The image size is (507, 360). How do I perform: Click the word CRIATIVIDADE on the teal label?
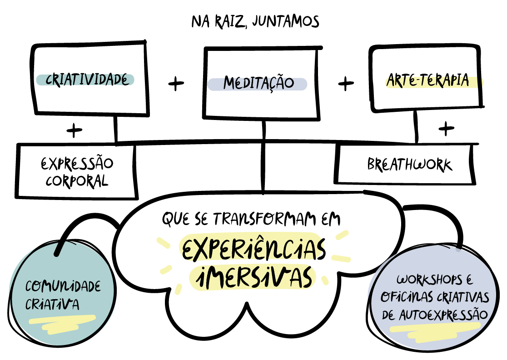(85, 80)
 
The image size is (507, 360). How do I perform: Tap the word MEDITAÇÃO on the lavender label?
(258, 84)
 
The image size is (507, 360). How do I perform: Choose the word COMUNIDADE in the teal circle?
(63, 287)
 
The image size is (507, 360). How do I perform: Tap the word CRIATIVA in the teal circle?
(52, 304)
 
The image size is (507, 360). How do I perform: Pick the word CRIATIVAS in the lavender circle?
(463, 297)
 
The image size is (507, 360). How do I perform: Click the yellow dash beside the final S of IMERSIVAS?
(325, 280)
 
